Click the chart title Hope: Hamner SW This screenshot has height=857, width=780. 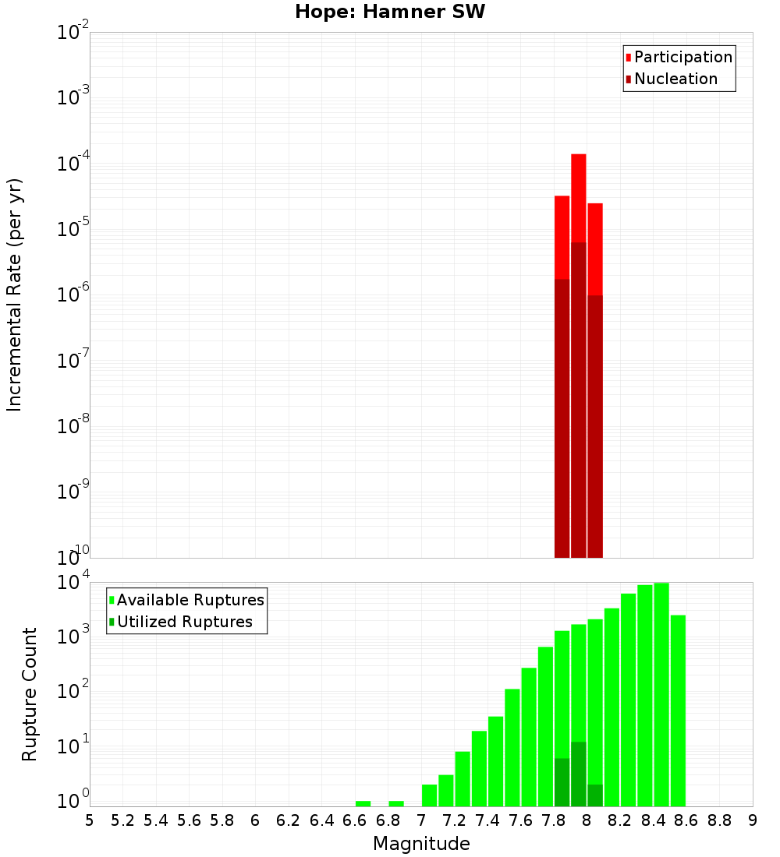click(x=390, y=12)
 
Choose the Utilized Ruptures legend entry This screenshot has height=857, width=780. click(x=184, y=622)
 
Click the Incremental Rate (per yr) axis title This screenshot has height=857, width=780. click(x=15, y=294)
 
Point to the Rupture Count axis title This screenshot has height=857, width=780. click(x=30, y=693)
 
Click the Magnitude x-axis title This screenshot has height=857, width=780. click(x=421, y=844)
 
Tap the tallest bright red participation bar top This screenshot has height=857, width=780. click(x=579, y=156)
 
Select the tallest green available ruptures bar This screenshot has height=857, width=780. click(x=661, y=693)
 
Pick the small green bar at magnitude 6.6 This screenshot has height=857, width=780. click(x=363, y=803)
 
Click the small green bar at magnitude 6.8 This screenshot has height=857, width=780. click(x=396, y=803)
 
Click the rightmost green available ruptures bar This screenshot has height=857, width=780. click(x=678, y=709)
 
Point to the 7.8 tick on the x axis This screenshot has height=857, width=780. click(x=554, y=820)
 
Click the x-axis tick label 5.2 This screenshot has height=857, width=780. click(x=122, y=820)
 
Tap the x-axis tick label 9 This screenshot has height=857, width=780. click(x=752, y=820)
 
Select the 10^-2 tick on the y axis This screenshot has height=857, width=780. click(x=73, y=34)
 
